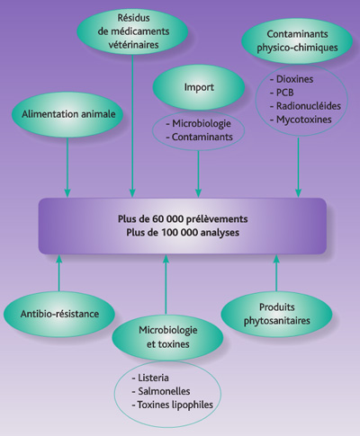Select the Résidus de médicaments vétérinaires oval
(x=133, y=33)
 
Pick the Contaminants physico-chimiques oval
(x=296, y=40)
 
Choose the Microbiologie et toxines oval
(x=166, y=338)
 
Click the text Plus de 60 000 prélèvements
(x=182, y=218)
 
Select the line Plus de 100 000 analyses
(x=182, y=233)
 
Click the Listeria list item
(x=153, y=380)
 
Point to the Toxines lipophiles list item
(x=172, y=407)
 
